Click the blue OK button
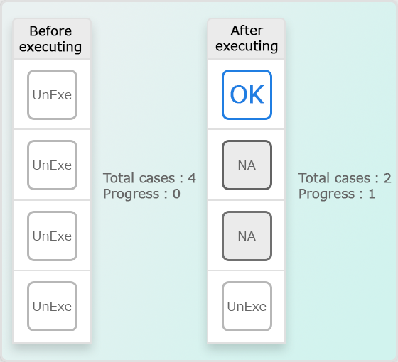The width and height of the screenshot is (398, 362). coord(247,94)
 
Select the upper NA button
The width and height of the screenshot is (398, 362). coord(247,165)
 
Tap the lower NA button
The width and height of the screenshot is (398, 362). coord(247,236)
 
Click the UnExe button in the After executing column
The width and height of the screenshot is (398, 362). coord(247,306)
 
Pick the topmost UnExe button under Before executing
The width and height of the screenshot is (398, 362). coord(53,94)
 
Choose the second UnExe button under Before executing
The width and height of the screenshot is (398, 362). coord(53,165)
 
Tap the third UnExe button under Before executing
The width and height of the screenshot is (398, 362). coord(53,236)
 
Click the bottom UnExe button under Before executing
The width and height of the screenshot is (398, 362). coord(53,306)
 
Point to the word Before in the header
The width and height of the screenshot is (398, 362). coord(50,31)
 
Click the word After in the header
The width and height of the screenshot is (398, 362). coord(247,31)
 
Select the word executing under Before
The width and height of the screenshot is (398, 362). coord(50,48)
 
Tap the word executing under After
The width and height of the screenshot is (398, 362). coord(247,47)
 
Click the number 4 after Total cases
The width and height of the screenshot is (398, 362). coord(192,178)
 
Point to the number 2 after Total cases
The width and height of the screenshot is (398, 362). coord(387,178)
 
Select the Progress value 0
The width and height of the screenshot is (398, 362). coord(176,194)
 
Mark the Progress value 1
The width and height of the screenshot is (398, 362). coord(372,194)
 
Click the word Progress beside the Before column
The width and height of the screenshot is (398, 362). coord(131,194)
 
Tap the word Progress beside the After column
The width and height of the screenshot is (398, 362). coord(327,194)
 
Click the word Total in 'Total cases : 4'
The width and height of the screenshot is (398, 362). coord(119,178)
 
